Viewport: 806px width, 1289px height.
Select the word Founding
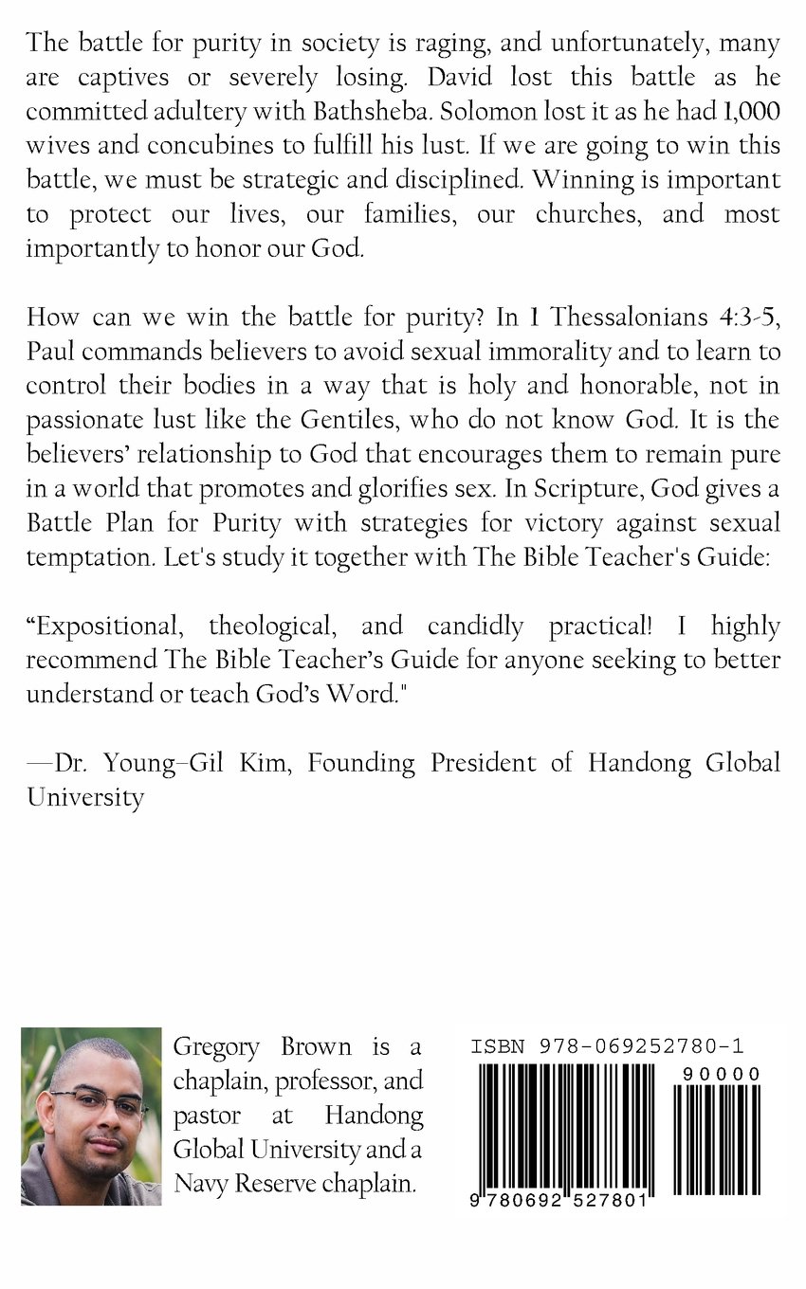pyautogui.click(x=360, y=763)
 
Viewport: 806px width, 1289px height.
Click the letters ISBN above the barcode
pyautogui.click(x=498, y=1047)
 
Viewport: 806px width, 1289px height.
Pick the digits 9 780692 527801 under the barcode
pyautogui.click(x=559, y=1199)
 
